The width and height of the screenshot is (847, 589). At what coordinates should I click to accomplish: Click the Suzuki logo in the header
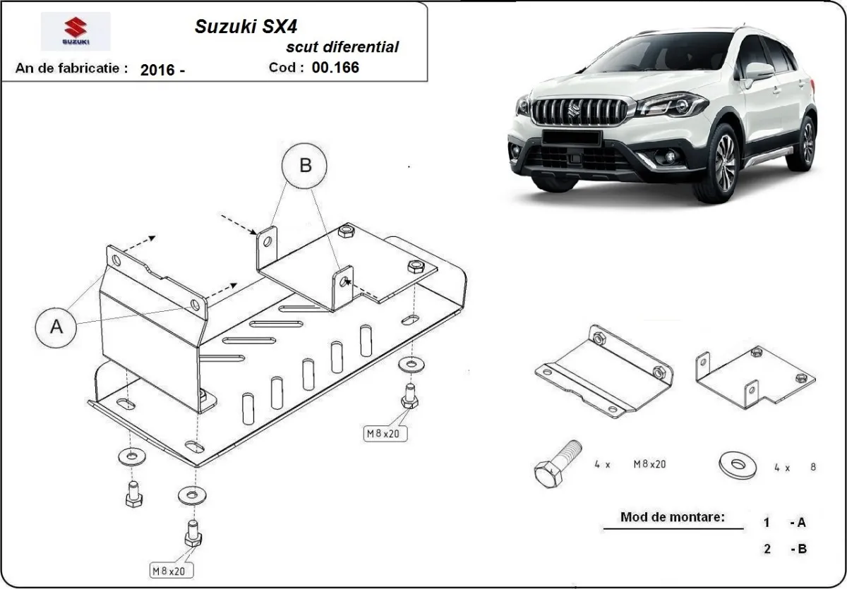(x=75, y=32)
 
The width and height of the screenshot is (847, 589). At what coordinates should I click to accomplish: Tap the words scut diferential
(x=342, y=47)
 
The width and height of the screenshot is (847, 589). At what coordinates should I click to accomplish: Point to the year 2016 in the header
(x=163, y=70)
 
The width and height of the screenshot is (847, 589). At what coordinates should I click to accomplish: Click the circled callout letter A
(x=56, y=327)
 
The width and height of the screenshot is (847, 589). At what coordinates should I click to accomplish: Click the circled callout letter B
(x=305, y=166)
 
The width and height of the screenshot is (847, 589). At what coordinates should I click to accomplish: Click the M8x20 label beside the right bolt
(x=383, y=434)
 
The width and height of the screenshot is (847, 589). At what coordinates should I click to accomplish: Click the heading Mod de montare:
(x=672, y=517)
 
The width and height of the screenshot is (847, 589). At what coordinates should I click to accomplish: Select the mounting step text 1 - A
(x=784, y=523)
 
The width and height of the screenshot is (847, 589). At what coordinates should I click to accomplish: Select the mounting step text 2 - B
(x=784, y=549)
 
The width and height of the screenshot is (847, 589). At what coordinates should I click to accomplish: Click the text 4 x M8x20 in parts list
(x=630, y=464)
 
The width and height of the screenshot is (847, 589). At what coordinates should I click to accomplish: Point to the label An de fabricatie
(x=71, y=69)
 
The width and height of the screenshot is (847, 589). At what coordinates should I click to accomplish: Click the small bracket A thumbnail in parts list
(x=603, y=370)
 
